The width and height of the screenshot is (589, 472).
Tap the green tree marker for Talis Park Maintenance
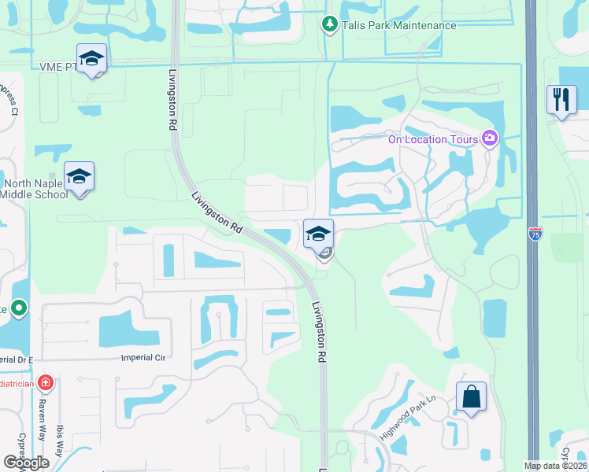point(330,25)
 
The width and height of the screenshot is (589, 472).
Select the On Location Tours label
point(433,140)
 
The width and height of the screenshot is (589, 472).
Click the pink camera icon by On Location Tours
point(491,139)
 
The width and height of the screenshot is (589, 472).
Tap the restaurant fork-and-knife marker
point(561,100)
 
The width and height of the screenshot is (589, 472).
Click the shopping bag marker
point(471,396)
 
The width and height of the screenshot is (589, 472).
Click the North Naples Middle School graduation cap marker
point(79,177)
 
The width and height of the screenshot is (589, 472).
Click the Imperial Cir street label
point(145,357)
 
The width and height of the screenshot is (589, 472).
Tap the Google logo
point(27,463)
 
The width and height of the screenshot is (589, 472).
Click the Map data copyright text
point(555,466)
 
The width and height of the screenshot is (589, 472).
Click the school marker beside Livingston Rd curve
point(318,234)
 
